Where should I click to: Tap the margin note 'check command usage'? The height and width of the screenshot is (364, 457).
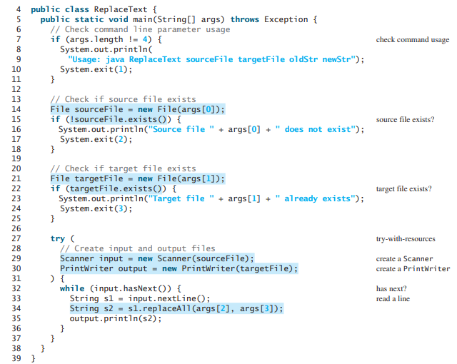click(x=412, y=40)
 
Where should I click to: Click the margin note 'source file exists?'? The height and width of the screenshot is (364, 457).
click(x=405, y=120)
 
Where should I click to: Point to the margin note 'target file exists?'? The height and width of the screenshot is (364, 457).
click(x=403, y=189)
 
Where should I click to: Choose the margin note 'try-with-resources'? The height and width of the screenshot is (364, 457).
click(x=405, y=239)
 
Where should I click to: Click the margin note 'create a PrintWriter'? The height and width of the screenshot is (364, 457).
click(x=413, y=269)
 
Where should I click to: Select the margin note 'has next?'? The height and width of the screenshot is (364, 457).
click(x=391, y=288)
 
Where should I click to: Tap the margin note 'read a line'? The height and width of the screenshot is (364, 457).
click(x=393, y=298)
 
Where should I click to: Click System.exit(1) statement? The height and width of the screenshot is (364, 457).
click(x=94, y=69)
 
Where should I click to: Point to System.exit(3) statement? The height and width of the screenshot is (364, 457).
click(x=94, y=208)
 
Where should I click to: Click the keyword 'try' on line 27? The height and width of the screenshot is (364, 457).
click(x=57, y=238)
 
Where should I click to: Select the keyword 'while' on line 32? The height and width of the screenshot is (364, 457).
click(x=72, y=288)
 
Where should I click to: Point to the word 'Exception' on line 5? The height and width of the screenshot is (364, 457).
click(x=286, y=19)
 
